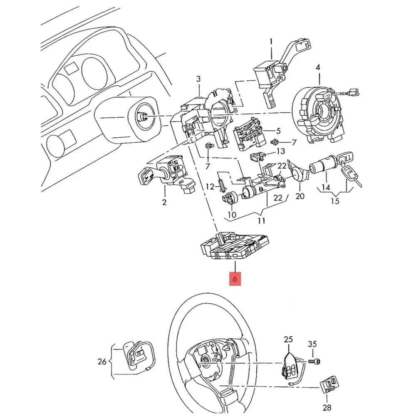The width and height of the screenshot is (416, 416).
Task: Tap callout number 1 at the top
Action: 271,42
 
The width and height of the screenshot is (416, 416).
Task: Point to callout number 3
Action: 198,79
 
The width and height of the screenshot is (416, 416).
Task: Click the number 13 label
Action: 281,151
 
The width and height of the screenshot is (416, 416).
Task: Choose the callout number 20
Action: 300,196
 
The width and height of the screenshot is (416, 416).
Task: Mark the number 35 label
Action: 312,344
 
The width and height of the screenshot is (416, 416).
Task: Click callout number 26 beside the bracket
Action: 102,362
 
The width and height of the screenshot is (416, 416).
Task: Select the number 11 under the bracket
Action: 261,220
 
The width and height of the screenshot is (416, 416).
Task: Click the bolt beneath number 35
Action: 316,362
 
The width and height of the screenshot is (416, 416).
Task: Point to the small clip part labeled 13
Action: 258,157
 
